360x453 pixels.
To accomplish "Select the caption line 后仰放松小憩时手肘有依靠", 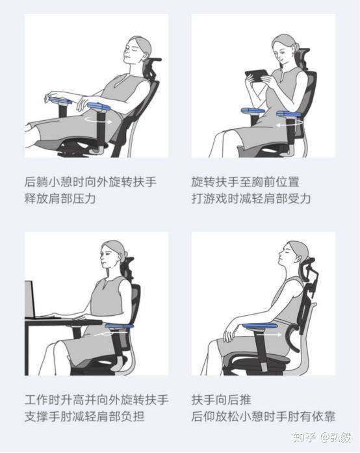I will [x=263, y=416].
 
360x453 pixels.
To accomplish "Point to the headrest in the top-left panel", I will [x=153, y=66].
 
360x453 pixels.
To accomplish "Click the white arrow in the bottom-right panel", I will [x=278, y=335].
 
